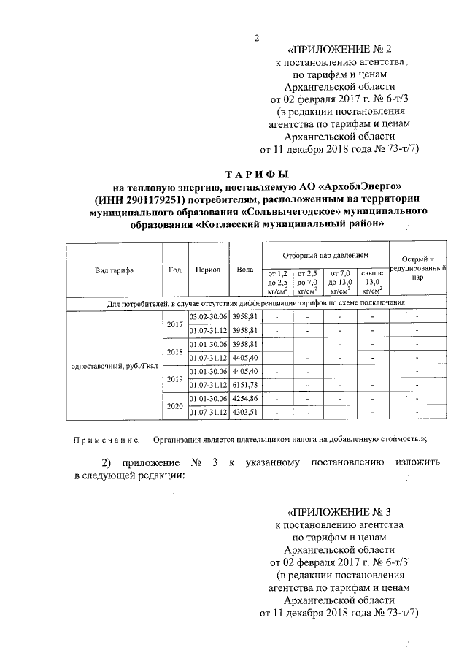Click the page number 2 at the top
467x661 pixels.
256,39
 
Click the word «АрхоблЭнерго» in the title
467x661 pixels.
349,187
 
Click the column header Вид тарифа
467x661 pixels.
113,270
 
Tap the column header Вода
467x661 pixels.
245,270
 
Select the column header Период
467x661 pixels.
208,270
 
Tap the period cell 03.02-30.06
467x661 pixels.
208,317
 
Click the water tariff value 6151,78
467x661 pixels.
245,385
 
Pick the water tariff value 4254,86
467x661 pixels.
245,399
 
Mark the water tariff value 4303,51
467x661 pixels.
245,413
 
